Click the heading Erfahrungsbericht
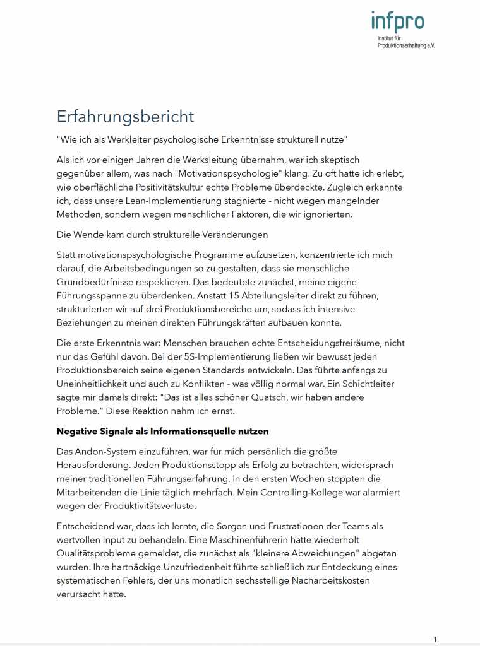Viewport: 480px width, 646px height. (x=125, y=117)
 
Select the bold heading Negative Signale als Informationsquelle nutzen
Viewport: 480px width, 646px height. (x=162, y=432)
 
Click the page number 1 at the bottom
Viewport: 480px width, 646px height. (x=435, y=640)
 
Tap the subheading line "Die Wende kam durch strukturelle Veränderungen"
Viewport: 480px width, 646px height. (x=162, y=235)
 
